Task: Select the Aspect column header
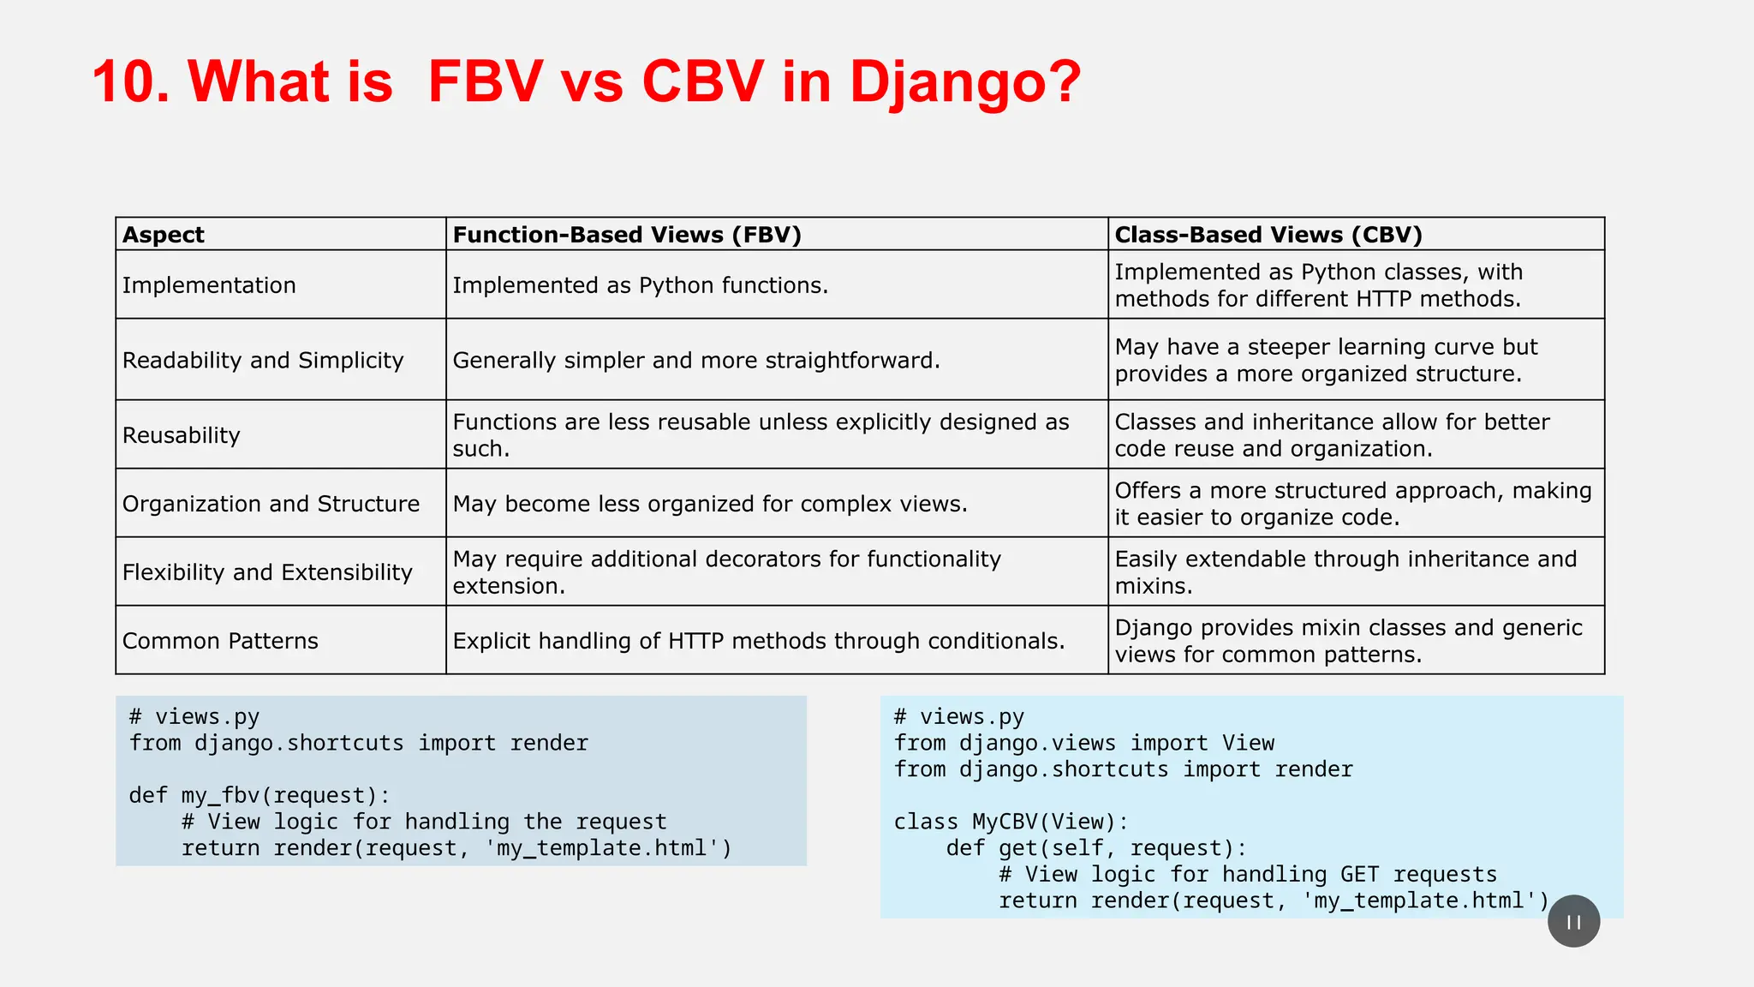click(x=164, y=235)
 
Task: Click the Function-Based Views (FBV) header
click(x=627, y=235)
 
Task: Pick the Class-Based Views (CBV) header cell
click(x=1268, y=235)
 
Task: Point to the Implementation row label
click(x=209, y=285)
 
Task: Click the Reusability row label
click(x=182, y=435)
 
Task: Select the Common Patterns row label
click(x=220, y=641)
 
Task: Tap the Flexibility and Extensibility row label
click(x=267, y=572)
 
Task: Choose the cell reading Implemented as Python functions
click(x=641, y=285)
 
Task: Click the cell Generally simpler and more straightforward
click(x=696, y=361)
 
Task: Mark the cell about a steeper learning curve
click(x=1326, y=361)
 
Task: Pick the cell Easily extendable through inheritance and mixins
click(x=1345, y=572)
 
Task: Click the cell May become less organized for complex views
click(x=710, y=504)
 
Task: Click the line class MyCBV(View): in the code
click(x=1011, y=822)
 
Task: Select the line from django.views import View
click(x=1084, y=744)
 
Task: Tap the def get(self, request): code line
click(x=1096, y=848)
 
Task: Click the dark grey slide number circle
click(x=1573, y=921)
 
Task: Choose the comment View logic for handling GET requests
click(x=1248, y=875)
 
